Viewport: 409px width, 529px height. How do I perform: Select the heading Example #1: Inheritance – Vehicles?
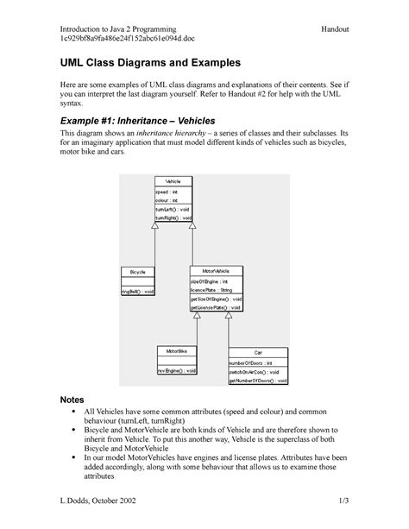click(x=138, y=122)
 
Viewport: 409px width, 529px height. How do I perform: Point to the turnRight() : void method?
click(x=172, y=218)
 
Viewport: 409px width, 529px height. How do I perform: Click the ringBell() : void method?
click(x=138, y=292)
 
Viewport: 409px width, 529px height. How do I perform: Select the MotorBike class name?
click(x=178, y=351)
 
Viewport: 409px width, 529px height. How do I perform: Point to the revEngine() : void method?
click(x=177, y=371)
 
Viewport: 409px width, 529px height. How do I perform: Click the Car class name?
click(x=257, y=352)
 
